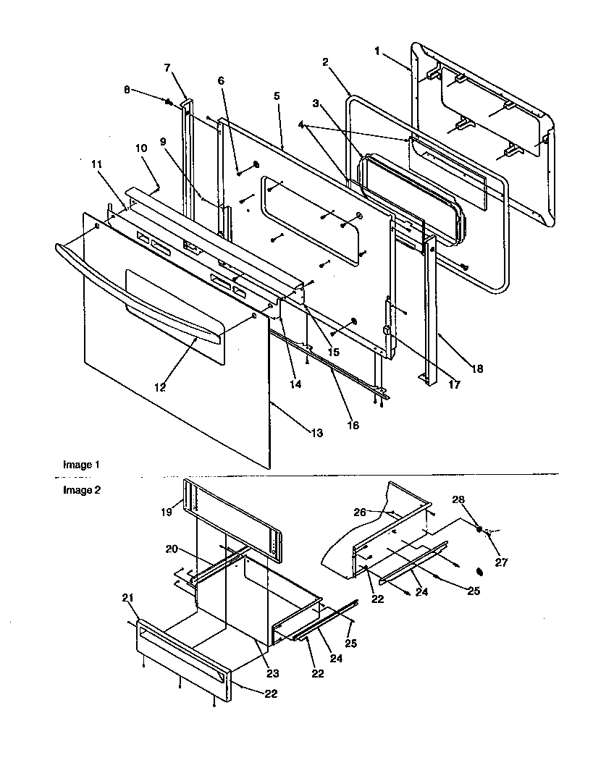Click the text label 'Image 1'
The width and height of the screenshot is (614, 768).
click(77, 465)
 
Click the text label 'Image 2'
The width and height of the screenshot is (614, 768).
click(77, 490)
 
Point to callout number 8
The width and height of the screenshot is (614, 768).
click(127, 90)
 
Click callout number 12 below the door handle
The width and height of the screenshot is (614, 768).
click(159, 387)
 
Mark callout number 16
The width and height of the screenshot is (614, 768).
click(352, 425)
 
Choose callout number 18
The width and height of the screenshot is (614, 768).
click(478, 368)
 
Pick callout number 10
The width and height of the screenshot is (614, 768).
click(140, 148)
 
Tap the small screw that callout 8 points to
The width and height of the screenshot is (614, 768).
click(168, 102)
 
